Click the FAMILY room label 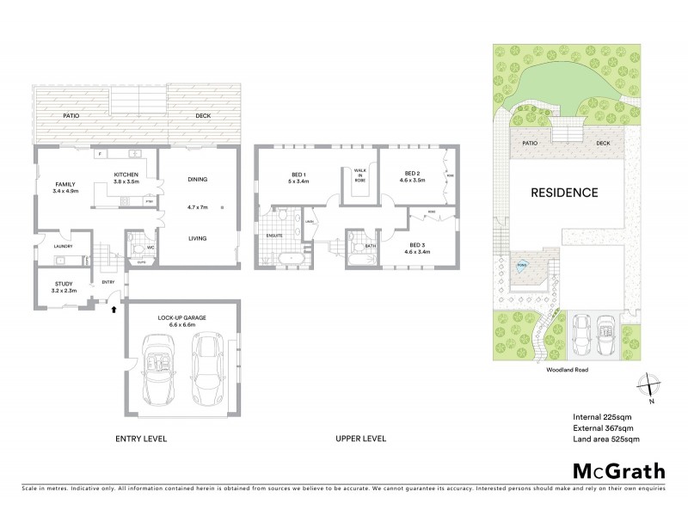pyautogui.click(x=64, y=185)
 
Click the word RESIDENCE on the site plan pyautogui.click(x=563, y=193)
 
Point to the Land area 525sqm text pyautogui.click(x=606, y=439)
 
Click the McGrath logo pyautogui.click(x=618, y=470)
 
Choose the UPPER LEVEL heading pyautogui.click(x=360, y=439)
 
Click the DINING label pyautogui.click(x=198, y=179)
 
